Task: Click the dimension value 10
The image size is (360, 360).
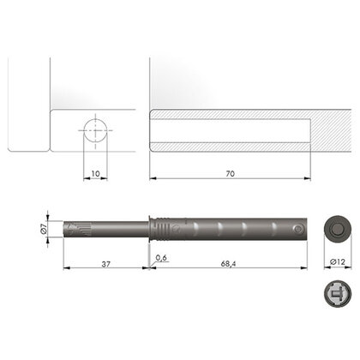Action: click(x=95, y=174)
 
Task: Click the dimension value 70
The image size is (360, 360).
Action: click(x=229, y=174)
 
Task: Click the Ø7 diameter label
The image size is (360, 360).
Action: click(x=52, y=229)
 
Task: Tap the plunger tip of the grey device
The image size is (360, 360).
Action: click(x=69, y=229)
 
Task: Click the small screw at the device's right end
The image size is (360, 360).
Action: click(x=297, y=229)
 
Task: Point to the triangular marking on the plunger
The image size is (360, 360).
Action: click(x=84, y=228)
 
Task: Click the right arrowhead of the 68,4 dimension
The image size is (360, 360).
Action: click(x=307, y=267)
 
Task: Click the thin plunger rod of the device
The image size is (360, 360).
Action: click(x=120, y=229)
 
